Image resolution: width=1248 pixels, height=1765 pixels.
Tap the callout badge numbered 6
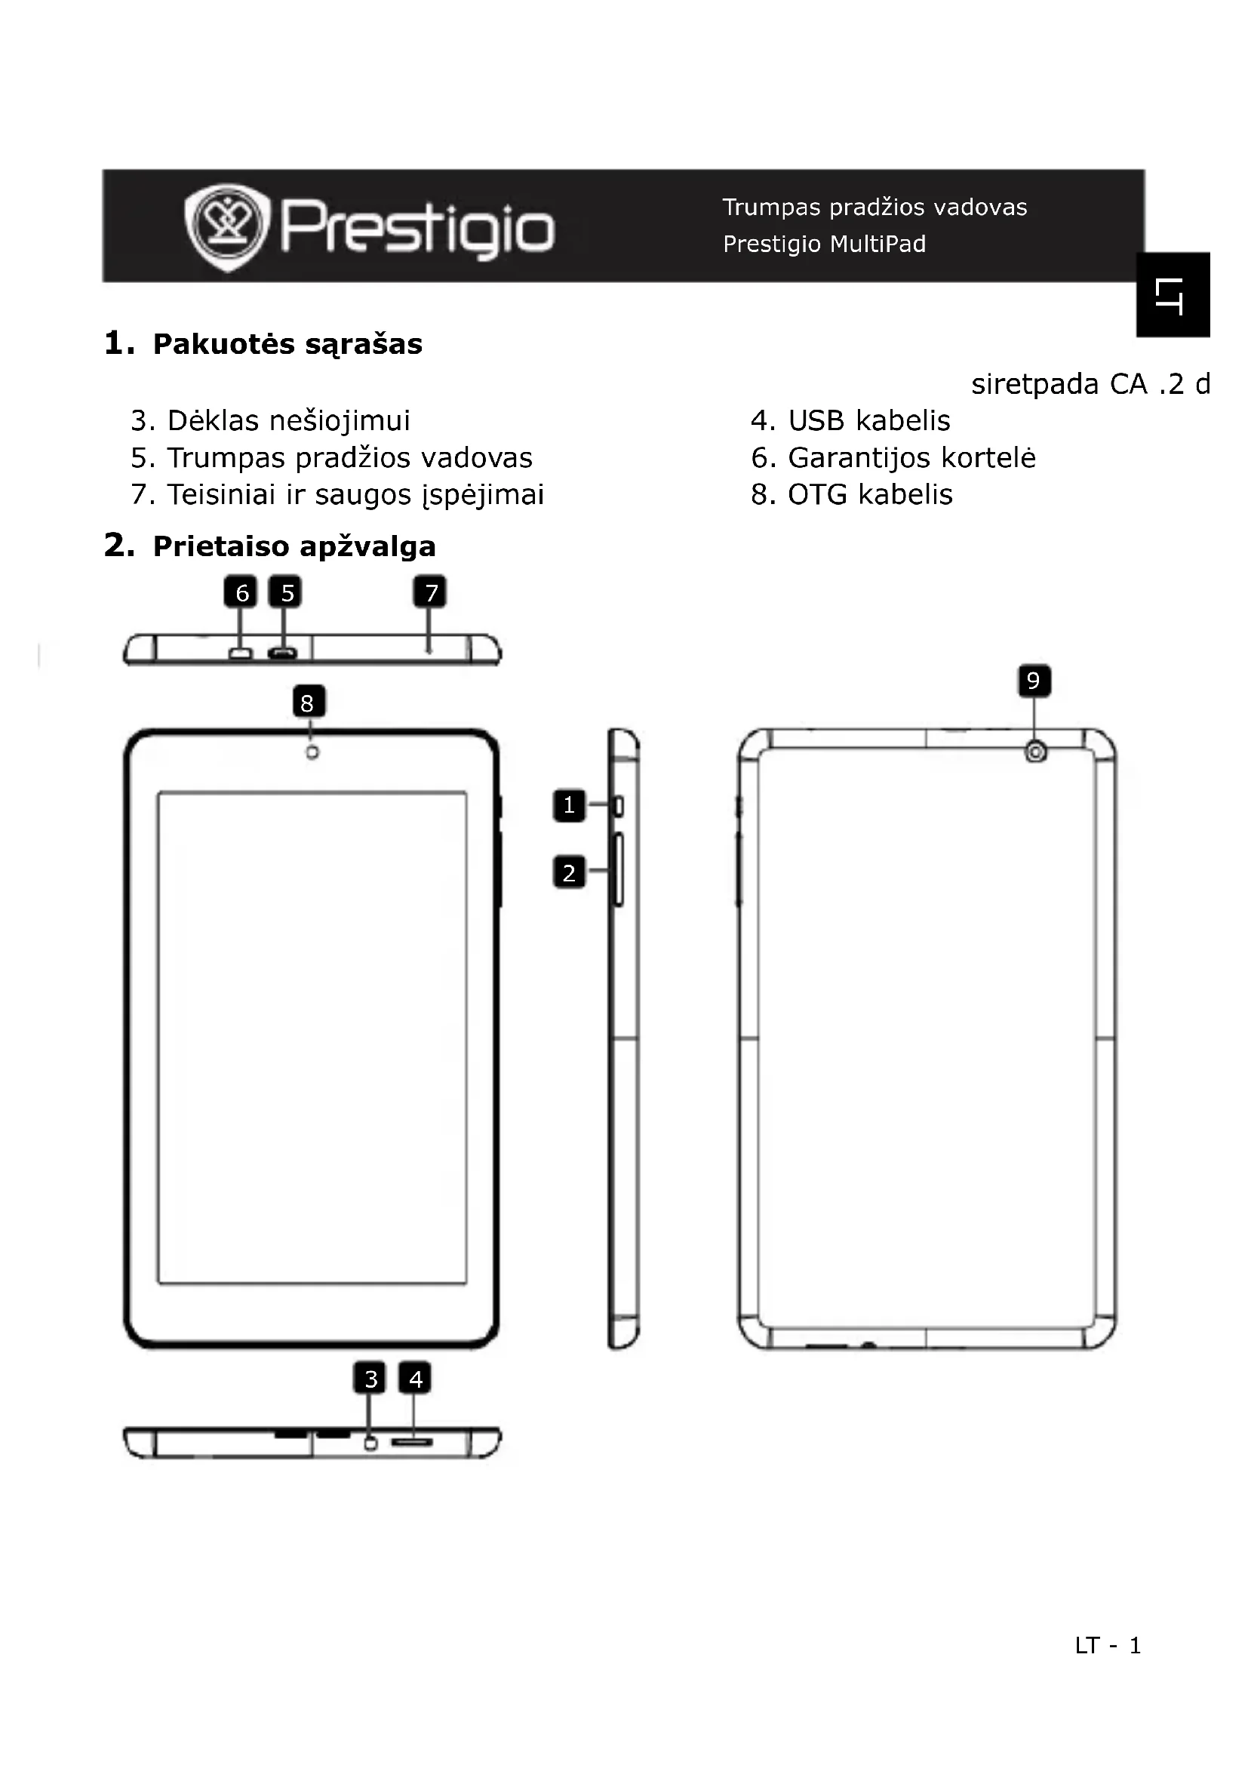[241, 592]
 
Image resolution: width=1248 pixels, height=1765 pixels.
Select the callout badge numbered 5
[286, 592]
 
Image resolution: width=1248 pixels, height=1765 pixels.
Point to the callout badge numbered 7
[430, 592]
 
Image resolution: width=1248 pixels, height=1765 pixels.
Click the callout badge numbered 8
[308, 702]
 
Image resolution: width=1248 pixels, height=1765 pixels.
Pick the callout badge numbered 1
[569, 806]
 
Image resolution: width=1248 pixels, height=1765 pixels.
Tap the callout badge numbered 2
[569, 873]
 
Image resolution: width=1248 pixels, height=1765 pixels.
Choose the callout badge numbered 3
[370, 1379]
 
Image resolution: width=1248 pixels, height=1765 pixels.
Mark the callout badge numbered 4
[415, 1379]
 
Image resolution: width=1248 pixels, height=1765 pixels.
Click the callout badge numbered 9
[1034, 681]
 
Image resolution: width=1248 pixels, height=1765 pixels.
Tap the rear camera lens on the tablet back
[1036, 752]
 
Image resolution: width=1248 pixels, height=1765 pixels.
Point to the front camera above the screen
[312, 752]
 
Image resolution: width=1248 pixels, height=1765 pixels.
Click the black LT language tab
[1173, 295]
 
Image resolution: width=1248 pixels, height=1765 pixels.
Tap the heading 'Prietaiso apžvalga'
[294, 546]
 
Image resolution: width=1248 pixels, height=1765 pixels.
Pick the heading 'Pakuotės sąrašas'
[287, 344]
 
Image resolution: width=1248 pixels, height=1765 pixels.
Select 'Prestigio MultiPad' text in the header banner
[824, 244]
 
